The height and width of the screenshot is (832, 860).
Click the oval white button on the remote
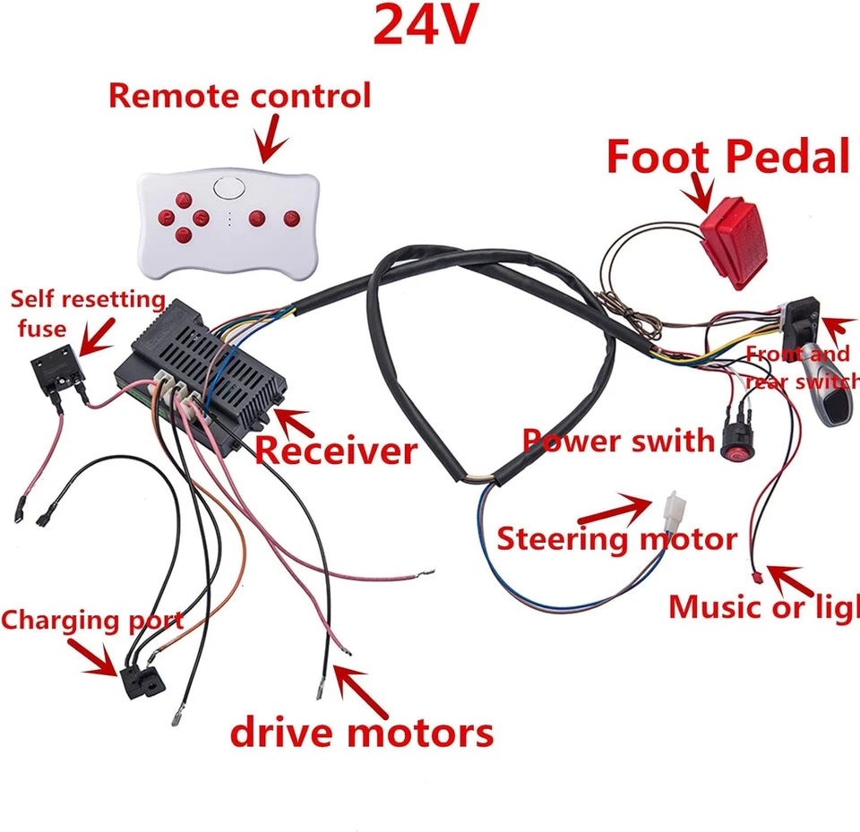pos(229,188)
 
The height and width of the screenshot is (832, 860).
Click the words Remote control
pos(239,96)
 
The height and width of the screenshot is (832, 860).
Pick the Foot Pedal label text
pos(727,158)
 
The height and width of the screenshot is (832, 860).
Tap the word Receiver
pos(336,450)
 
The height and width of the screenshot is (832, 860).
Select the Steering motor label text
pos(616,539)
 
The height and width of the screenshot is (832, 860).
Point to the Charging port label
pos(91,620)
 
